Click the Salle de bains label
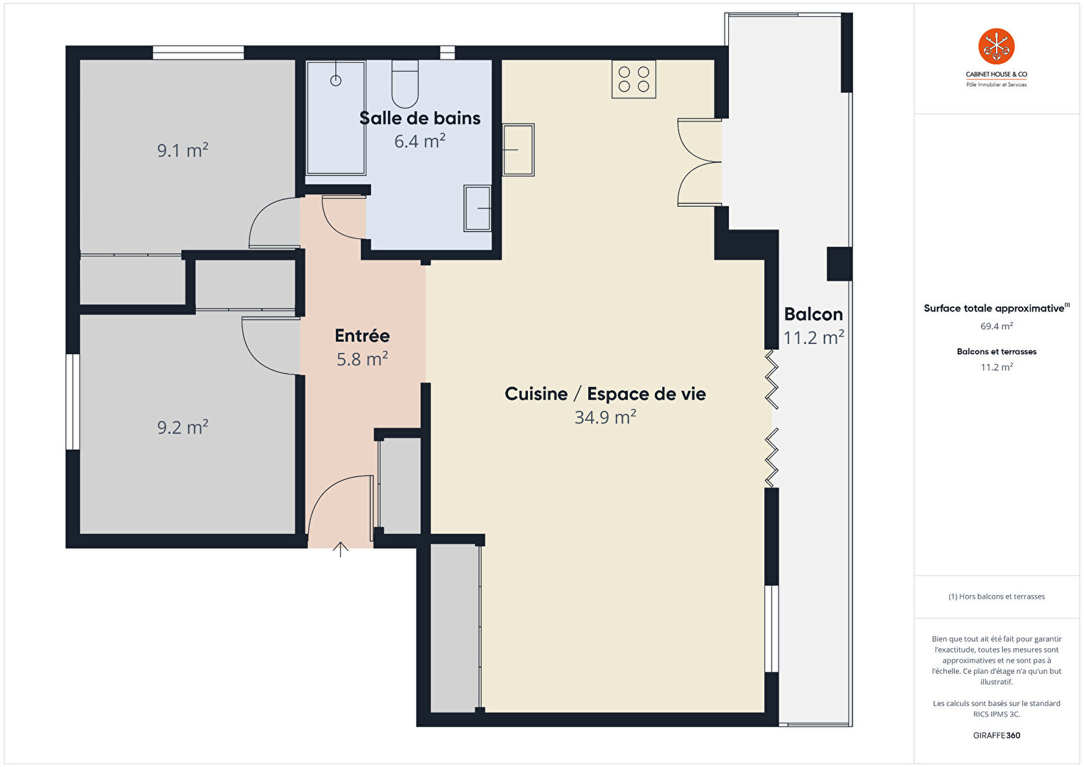pyautogui.click(x=420, y=118)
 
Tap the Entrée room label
pyautogui.click(x=362, y=336)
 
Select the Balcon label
pyautogui.click(x=813, y=314)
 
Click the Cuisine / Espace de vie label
pyautogui.click(x=605, y=394)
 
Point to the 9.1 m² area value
pyautogui.click(x=183, y=150)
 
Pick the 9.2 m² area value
pyautogui.click(x=183, y=427)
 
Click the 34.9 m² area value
pyautogui.click(x=605, y=417)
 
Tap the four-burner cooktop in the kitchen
pyautogui.click(x=634, y=79)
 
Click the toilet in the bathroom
pyautogui.click(x=405, y=84)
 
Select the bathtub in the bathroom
pyautogui.click(x=336, y=118)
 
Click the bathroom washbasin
pyautogui.click(x=477, y=208)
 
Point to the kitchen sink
pyautogui.click(x=519, y=149)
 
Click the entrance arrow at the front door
pyautogui.click(x=341, y=549)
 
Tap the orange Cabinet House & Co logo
pyautogui.click(x=996, y=46)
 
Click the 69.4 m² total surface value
pyautogui.click(x=997, y=326)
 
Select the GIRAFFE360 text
pyautogui.click(x=997, y=735)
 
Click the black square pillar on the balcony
pyautogui.click(x=839, y=264)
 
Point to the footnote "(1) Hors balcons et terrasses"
pyautogui.click(x=997, y=596)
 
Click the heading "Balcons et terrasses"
pyautogui.click(x=997, y=352)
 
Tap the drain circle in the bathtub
pyautogui.click(x=336, y=80)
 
